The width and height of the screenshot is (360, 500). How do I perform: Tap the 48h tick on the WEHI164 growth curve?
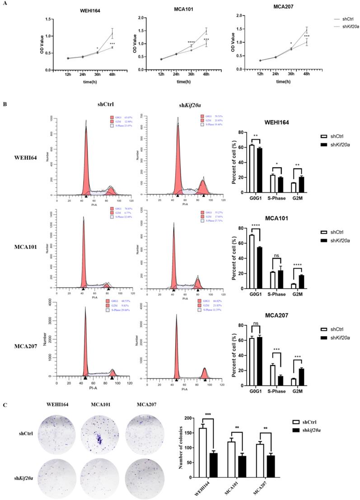pyautogui.click(x=112, y=74)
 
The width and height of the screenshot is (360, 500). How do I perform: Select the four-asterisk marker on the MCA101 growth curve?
pyautogui.click(x=191, y=42)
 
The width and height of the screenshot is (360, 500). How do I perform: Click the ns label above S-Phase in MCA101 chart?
pyautogui.click(x=276, y=256)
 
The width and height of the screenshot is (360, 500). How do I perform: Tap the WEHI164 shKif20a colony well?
pyautogui.click(x=55, y=472)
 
